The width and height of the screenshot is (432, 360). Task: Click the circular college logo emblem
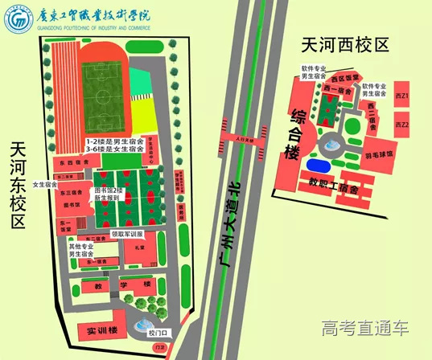(x=17, y=21)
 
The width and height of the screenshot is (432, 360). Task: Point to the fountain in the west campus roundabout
(x=330, y=145)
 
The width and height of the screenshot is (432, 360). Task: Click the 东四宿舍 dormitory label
(x=72, y=163)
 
